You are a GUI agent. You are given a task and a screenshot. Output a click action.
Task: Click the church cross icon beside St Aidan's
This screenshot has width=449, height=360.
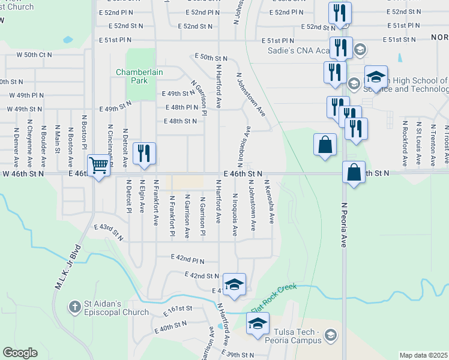tap(74, 307)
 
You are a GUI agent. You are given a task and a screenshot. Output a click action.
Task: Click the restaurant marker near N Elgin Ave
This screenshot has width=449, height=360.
tap(143, 153)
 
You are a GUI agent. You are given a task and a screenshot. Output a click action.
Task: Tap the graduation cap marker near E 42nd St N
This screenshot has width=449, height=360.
tap(234, 284)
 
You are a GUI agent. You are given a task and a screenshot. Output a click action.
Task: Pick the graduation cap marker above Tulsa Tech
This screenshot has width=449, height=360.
tap(258, 323)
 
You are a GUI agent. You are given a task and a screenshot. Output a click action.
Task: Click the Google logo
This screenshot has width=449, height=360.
tap(20, 352)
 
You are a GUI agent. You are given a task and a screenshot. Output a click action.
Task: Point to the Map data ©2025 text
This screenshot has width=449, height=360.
tap(423, 355)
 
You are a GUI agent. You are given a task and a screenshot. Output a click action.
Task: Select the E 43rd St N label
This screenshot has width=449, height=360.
tap(110, 232)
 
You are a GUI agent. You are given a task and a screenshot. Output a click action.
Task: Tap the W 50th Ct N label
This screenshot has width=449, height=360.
tap(34, 54)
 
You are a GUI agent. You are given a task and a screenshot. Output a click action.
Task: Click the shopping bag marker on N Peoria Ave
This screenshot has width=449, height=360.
tap(354, 172)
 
